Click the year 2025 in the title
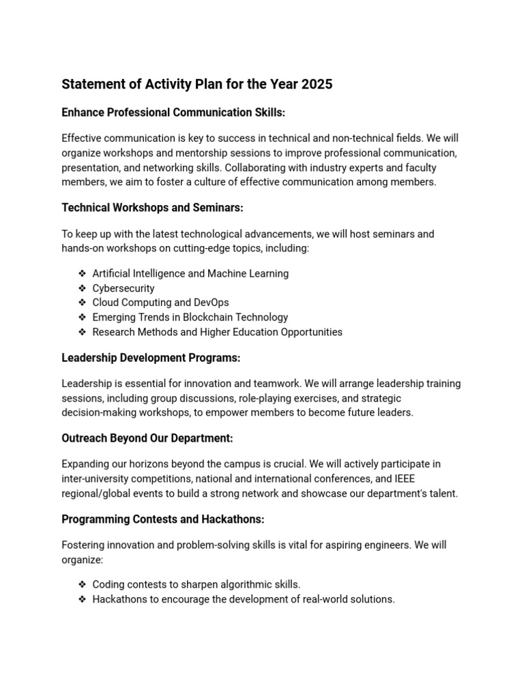[x=316, y=85]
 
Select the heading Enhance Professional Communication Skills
[x=173, y=112]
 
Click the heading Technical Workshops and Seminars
[x=152, y=207]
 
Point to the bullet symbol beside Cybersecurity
[x=82, y=288]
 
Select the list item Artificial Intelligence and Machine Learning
[x=190, y=273]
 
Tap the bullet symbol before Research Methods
[x=82, y=332]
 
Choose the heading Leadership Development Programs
[x=151, y=358]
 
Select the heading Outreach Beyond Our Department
[x=147, y=438]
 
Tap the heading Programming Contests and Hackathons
[x=163, y=519]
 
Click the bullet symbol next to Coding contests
[x=82, y=585]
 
